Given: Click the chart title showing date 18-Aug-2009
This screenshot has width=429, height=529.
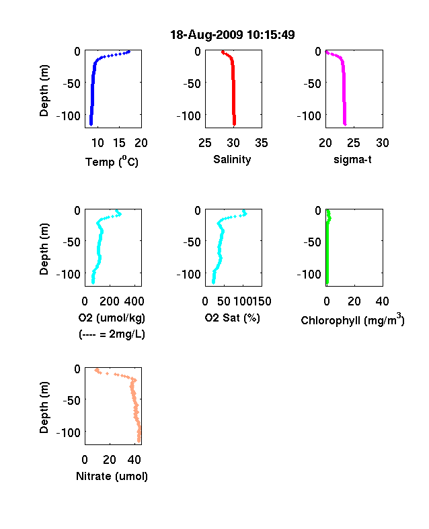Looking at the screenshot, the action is point(233,34).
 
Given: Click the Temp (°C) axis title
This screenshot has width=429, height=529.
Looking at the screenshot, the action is point(112,161).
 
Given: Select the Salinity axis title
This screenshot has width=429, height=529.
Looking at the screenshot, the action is point(232,159).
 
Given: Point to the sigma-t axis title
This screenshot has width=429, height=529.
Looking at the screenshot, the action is point(352,159).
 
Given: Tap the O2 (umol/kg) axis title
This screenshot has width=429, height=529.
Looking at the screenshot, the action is point(112,318).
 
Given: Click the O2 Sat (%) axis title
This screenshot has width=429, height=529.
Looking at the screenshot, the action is point(233,318).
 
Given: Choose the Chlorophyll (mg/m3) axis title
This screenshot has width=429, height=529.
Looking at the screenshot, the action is point(352,320).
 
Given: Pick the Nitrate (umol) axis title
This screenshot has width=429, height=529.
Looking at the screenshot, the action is point(112,476).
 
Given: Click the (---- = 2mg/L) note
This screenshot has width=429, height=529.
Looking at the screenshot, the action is point(112,334).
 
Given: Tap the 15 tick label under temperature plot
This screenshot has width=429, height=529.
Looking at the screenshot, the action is point(119,143).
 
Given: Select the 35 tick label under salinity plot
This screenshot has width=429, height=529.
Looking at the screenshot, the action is point(262,143).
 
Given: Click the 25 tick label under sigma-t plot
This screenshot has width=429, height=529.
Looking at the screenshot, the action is point(353,143).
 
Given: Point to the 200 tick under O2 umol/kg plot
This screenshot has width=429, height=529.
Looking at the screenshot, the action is point(110,301).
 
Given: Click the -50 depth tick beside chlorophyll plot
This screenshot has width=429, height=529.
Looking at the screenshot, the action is point(312,242).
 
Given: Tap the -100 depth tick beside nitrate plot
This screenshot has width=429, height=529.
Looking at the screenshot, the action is point(69,432).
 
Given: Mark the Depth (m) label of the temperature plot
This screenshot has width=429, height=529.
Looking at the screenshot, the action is point(44,91).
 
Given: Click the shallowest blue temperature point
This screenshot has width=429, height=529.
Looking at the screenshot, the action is point(128,52).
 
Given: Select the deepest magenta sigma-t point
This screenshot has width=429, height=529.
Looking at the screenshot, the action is point(345,124).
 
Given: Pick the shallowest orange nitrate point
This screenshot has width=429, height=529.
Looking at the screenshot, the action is point(96,370).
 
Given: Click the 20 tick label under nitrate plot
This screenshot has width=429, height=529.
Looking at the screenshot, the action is point(110,459).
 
